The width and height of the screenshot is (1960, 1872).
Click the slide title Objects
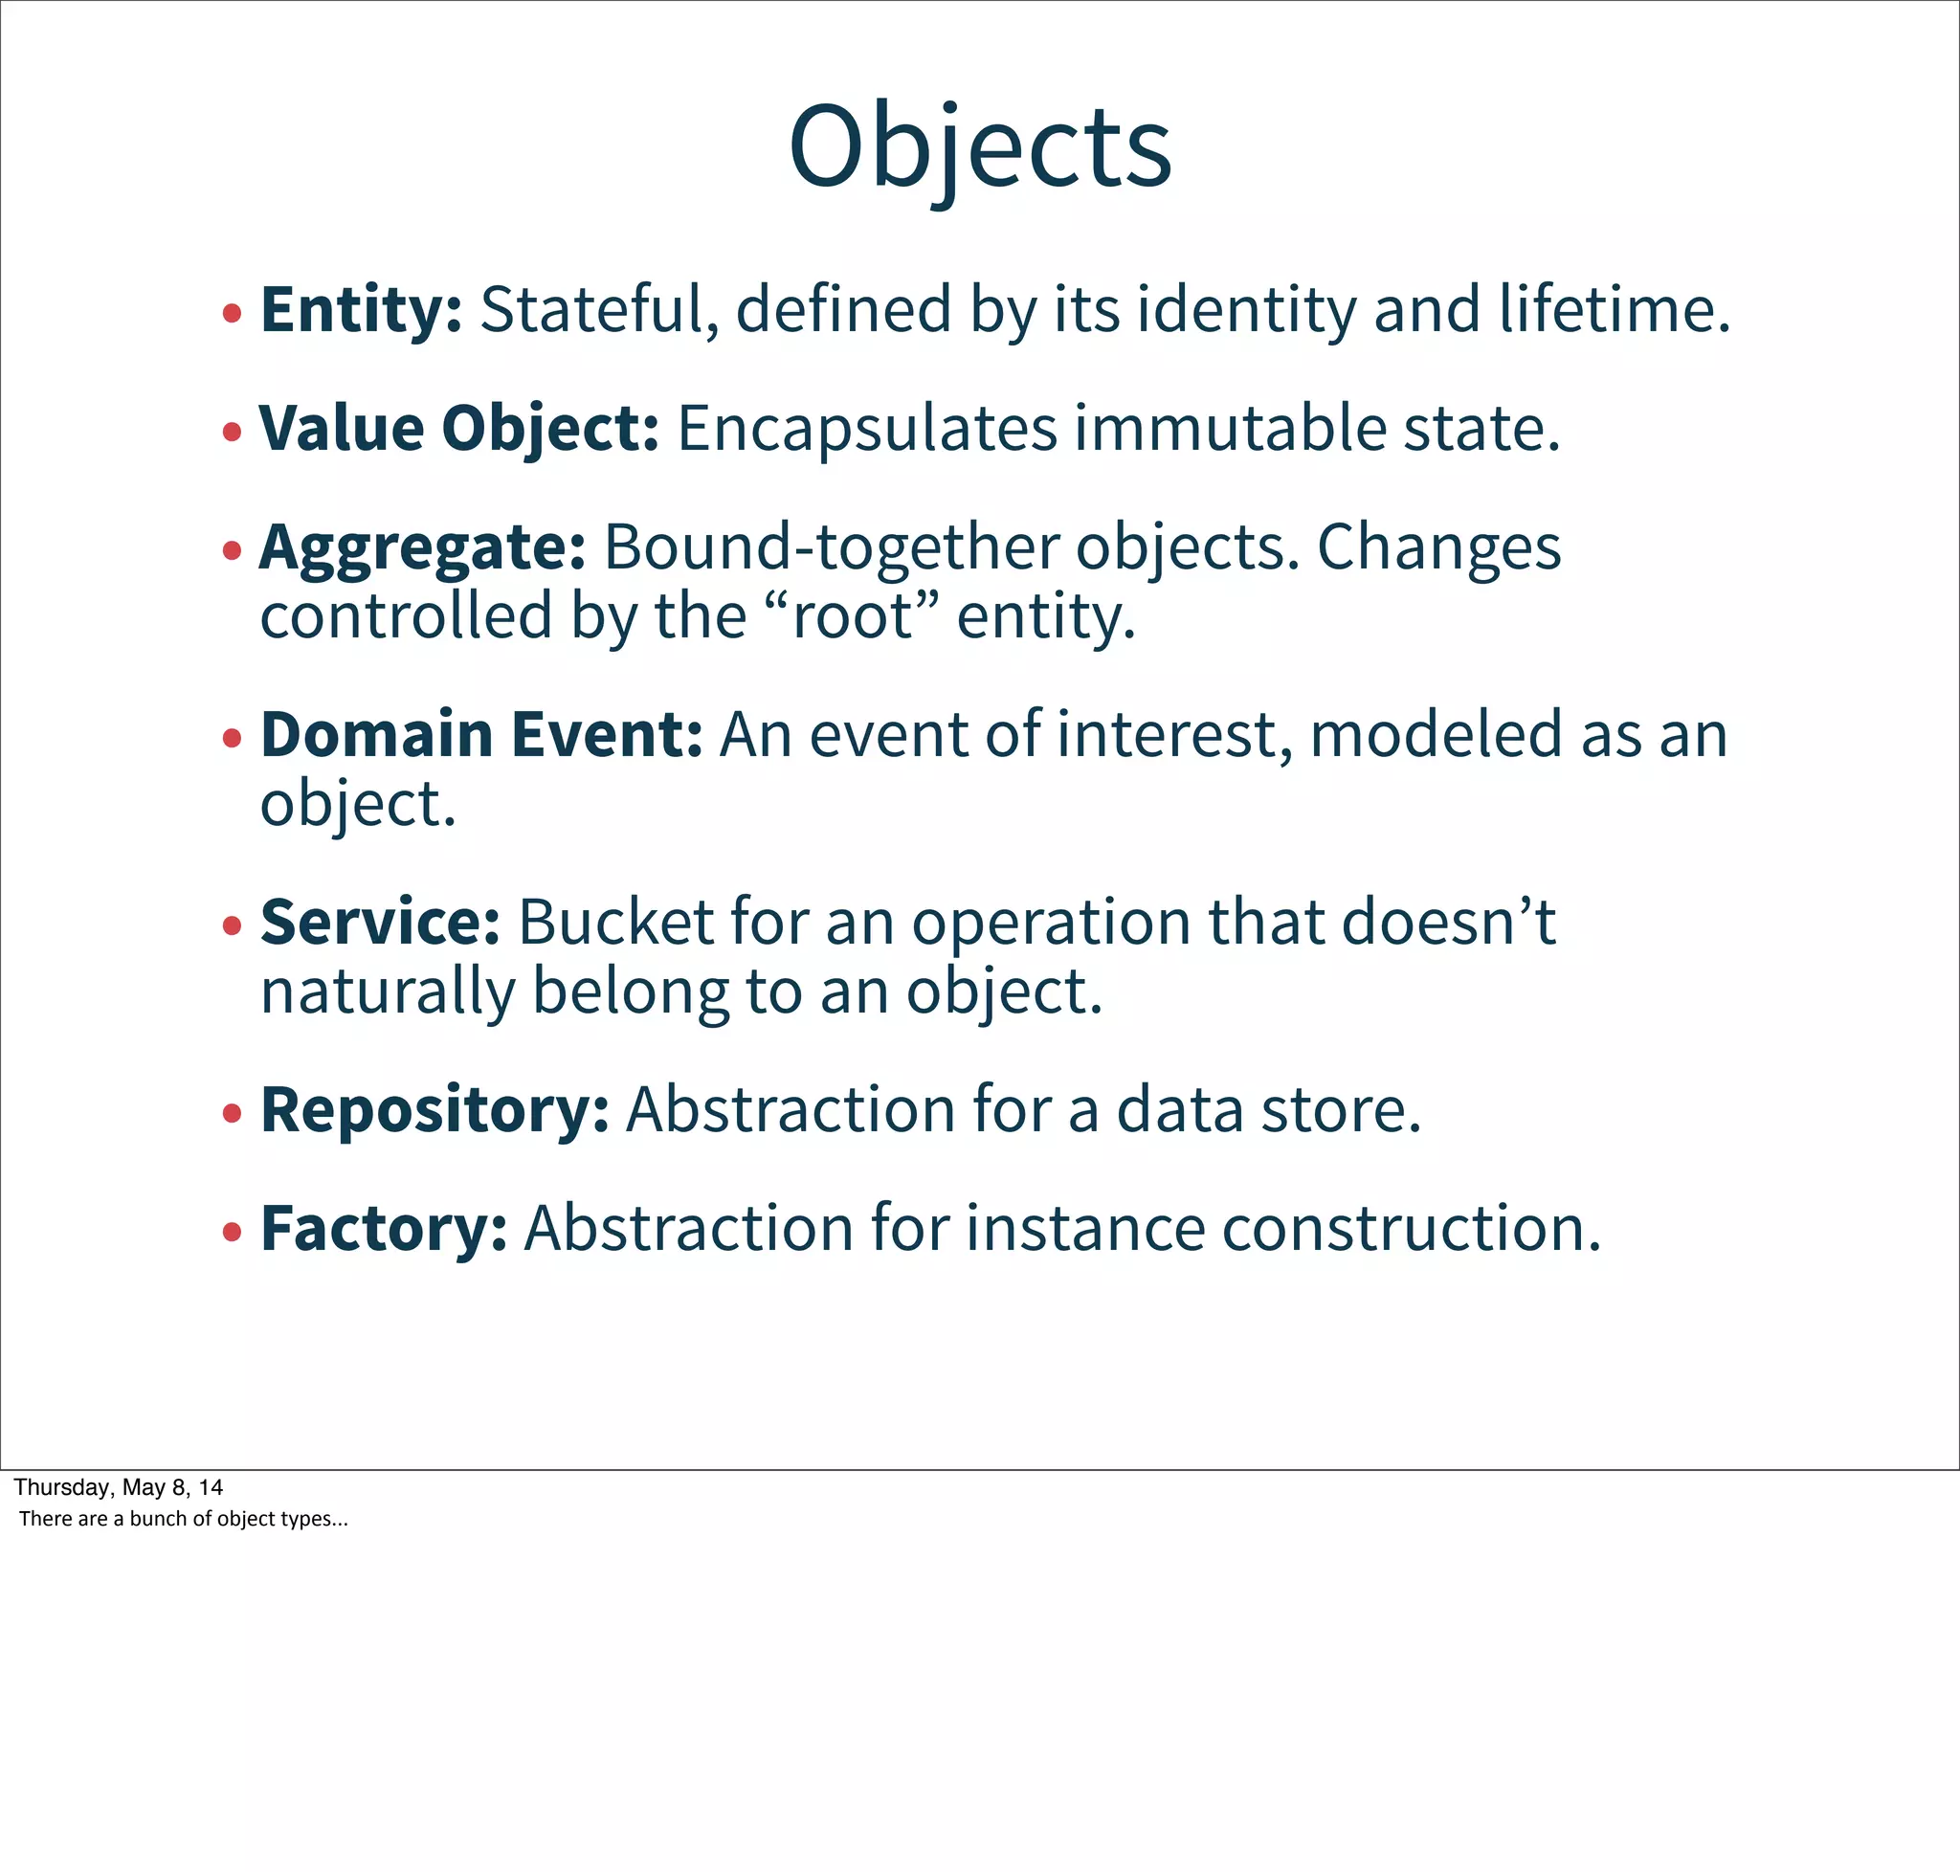coord(979,147)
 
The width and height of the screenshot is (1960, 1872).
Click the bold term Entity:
coord(361,309)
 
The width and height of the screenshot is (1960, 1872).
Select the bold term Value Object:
coord(459,428)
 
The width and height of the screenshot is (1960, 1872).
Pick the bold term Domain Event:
coord(481,734)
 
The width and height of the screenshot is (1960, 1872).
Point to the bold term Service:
coord(379,921)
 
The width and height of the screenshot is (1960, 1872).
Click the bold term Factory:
coord(383,1227)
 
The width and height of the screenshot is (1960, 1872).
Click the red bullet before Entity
coord(233,314)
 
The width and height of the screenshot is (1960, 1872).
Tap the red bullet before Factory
coord(233,1233)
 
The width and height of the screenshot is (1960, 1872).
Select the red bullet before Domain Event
coord(233,740)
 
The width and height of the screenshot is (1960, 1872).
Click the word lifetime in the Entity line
coord(1613,309)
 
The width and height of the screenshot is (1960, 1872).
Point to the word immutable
coord(1230,428)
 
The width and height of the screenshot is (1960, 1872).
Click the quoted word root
coord(855,615)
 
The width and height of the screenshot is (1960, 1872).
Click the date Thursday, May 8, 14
coord(118,1487)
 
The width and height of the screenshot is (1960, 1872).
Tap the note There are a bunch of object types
coord(183,1519)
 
